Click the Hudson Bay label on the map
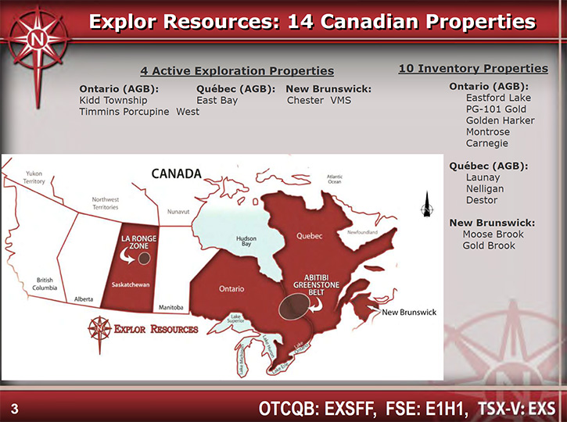point(246,241)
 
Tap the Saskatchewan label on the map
point(131,284)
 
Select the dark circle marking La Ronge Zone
point(144,259)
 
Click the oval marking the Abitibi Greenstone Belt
point(294,306)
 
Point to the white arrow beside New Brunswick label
point(374,309)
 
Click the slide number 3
point(14,409)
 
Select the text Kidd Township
point(113,101)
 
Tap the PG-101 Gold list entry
point(496,109)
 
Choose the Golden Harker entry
point(500,120)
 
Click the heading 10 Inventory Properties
point(473,68)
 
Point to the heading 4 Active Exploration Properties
point(237,71)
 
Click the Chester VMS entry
point(319,101)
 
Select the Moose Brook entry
point(493,234)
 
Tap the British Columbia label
point(45,284)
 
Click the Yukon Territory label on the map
point(34,177)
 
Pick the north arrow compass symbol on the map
point(427,205)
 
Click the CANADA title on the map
point(177,173)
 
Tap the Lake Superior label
point(235,318)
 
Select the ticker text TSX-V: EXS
point(517,409)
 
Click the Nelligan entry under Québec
point(485,188)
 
